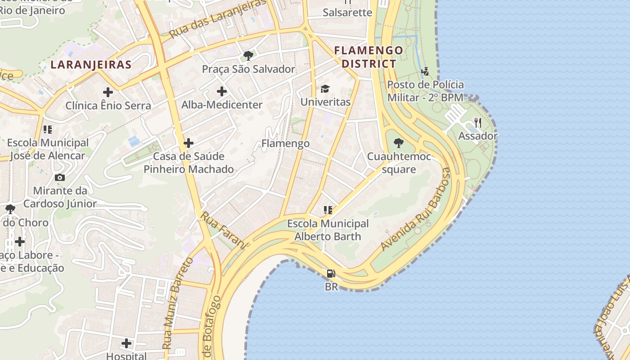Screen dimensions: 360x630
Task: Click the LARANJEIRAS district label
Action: coord(91,64)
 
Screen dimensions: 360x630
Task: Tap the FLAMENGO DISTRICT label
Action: coord(369,57)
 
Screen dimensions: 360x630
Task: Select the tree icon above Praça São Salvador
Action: coord(247,56)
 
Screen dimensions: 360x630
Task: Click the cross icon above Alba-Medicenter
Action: coord(221,91)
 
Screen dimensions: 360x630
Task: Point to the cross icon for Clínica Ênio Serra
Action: coord(108,92)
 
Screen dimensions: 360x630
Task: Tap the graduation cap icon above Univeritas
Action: coord(325,89)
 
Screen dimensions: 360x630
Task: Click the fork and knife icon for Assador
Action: coord(478,122)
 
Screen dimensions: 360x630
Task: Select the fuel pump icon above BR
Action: coord(331,273)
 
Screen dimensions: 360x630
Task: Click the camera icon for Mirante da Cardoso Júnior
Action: coord(59,177)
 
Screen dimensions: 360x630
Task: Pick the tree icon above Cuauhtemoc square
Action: coord(398,143)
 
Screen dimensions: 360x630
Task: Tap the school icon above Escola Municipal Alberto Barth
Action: coord(328,210)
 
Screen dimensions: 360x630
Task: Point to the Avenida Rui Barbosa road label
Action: coord(416,209)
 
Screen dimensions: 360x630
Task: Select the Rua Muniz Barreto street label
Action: coord(177,303)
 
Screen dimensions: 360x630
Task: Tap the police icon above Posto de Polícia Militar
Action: coord(425,71)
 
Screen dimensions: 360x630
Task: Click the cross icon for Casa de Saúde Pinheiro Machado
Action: coord(189,143)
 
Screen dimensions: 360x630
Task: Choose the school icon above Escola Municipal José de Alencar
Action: coord(47,130)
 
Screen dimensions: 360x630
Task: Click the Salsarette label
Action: coord(347,12)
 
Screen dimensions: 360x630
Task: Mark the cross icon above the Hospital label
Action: coord(126,343)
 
